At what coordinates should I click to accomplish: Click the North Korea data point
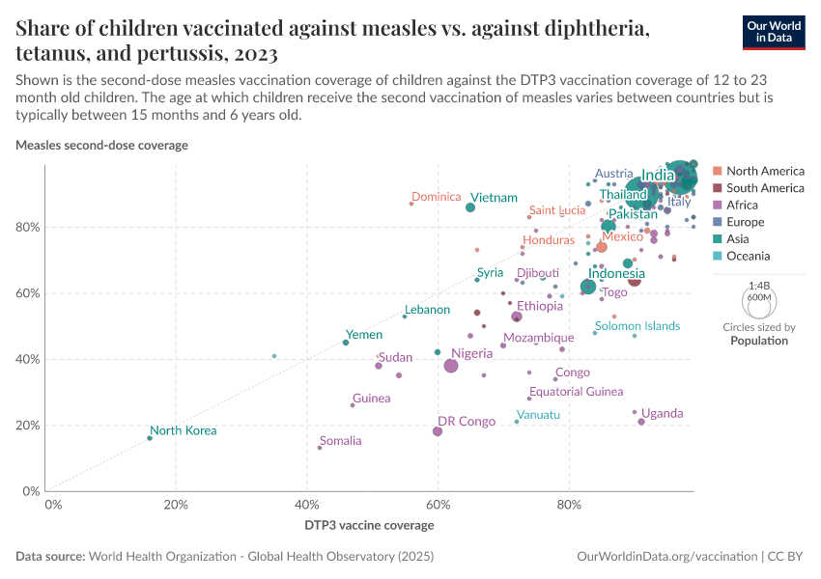(x=150, y=438)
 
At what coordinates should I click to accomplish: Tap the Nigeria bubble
(x=451, y=366)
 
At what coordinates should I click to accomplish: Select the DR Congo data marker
(x=438, y=431)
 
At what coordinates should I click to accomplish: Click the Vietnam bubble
(x=470, y=207)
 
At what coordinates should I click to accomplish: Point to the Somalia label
(x=340, y=441)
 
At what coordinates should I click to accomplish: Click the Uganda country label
(x=662, y=413)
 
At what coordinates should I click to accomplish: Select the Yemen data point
(x=346, y=343)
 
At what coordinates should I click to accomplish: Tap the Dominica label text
(x=436, y=197)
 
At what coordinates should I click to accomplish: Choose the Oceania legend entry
(x=748, y=256)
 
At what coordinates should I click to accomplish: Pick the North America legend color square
(x=717, y=171)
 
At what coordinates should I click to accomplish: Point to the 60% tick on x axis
(x=438, y=505)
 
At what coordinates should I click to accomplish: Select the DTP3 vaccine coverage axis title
(x=369, y=526)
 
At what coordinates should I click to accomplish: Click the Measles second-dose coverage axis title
(x=101, y=145)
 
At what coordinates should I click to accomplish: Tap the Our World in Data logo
(x=774, y=32)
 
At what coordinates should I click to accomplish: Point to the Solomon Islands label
(x=637, y=326)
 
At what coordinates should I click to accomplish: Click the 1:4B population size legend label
(x=760, y=286)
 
